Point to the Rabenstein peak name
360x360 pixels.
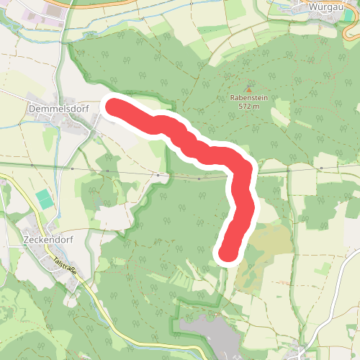(x=248, y=99)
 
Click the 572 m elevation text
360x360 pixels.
(x=248, y=107)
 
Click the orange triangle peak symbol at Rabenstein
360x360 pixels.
(x=249, y=89)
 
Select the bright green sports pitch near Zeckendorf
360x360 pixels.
(x=45, y=199)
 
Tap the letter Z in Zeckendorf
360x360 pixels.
(x=26, y=240)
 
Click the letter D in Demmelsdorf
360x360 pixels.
(x=31, y=109)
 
